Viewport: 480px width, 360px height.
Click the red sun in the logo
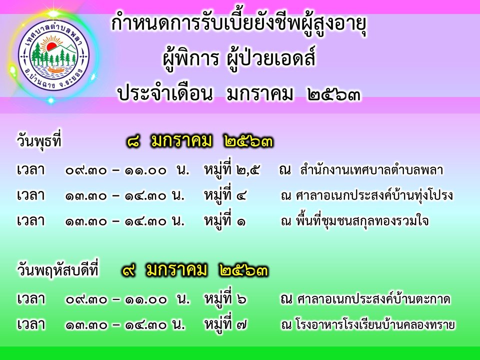coord(51,47)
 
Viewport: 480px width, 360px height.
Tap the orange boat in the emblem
coord(56,70)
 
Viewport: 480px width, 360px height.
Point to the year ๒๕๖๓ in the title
coord(333,94)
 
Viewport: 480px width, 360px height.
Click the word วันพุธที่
coord(39,141)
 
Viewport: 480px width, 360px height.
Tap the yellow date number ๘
coord(133,142)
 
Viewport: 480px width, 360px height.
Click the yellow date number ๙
coord(128,270)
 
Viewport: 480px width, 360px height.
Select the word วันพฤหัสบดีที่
coord(58,270)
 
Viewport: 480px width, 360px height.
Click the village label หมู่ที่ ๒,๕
coord(231,169)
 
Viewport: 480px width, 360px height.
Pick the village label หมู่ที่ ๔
coord(225,195)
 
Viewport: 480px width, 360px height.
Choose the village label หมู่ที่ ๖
coord(225,299)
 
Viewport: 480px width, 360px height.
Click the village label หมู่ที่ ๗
coord(225,324)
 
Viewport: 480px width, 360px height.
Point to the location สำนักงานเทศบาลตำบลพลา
coord(371,170)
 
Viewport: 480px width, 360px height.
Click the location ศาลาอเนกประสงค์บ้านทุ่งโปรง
coord(374,195)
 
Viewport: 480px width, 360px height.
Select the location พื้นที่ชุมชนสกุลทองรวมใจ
coord(362,221)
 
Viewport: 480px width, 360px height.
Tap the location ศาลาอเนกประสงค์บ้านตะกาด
coord(373,299)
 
